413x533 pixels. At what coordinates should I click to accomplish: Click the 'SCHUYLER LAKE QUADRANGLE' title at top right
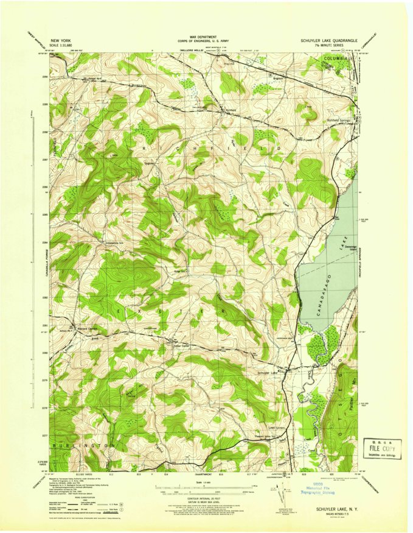[x=328, y=40]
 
